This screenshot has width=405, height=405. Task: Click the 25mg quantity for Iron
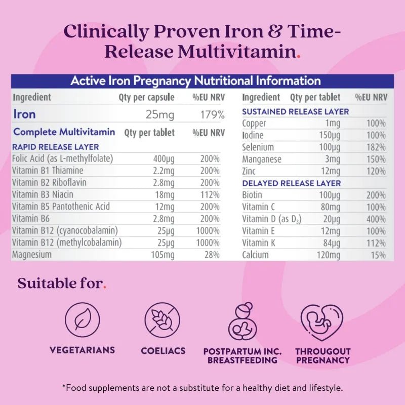160,114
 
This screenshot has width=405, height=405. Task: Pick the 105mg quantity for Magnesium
163,255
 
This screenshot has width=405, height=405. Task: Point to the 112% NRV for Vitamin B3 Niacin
210,194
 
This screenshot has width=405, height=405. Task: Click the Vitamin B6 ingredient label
32,218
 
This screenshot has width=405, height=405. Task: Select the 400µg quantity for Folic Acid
164,158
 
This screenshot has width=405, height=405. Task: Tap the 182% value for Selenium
376,147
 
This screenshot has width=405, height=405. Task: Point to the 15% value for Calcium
378,255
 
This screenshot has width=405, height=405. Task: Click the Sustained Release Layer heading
296,111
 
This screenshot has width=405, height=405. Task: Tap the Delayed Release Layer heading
292,183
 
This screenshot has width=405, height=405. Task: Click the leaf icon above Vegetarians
82,320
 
